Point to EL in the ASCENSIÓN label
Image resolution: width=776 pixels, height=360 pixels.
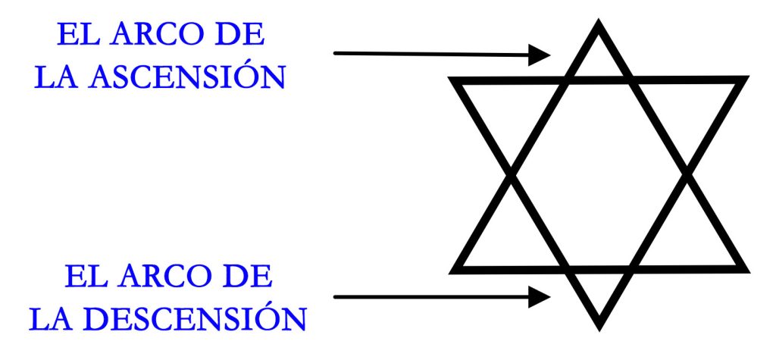click(x=79, y=35)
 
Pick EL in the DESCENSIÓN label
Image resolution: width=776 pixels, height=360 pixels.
click(x=86, y=277)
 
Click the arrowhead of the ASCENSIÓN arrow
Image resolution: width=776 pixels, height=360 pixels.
click(x=540, y=55)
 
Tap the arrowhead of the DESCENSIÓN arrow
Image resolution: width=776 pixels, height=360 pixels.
click(x=540, y=297)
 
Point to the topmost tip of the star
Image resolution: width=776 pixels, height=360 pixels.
click(x=599, y=20)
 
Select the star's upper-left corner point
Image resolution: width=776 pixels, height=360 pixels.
click(x=449, y=78)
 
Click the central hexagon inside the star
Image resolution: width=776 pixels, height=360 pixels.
click(x=599, y=175)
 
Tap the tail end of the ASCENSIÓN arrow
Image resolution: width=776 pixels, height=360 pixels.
click(x=336, y=53)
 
